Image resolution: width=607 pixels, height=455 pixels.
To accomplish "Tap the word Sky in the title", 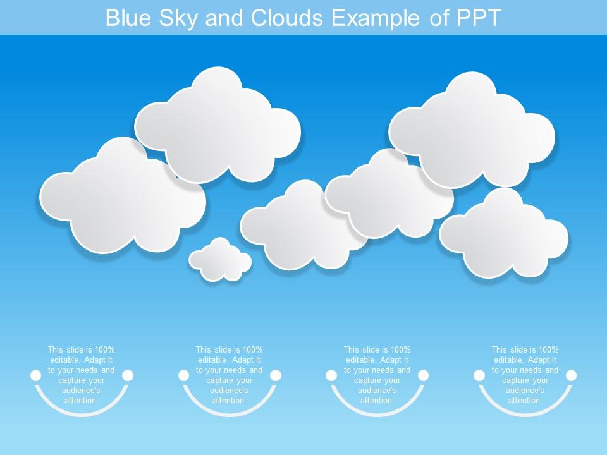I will pyautogui.click(x=178, y=18).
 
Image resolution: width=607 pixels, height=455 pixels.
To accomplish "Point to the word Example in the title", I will pyautogui.click(x=377, y=18).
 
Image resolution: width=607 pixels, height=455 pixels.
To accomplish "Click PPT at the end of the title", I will pyautogui.click(x=478, y=18).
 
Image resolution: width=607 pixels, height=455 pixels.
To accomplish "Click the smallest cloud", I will pyautogui.click(x=220, y=260).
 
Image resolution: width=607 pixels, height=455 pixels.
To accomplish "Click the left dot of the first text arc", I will pyautogui.click(x=36, y=375).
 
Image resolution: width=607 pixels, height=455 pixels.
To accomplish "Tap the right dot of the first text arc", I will pyautogui.click(x=128, y=375).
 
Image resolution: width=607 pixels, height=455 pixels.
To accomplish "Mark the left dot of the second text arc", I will pyautogui.click(x=184, y=375).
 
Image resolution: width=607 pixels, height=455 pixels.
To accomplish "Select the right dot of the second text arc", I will pyautogui.click(x=276, y=375).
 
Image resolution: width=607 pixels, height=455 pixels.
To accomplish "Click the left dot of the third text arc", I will pyautogui.click(x=331, y=375).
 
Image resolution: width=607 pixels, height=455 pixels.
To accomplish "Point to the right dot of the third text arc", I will pyautogui.click(x=424, y=375).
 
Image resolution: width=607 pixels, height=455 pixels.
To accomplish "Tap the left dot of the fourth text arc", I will pyautogui.click(x=479, y=375).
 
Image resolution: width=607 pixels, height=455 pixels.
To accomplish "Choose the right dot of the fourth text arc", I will pyautogui.click(x=572, y=375).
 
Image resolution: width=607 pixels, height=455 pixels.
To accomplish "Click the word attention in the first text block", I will pyautogui.click(x=81, y=401).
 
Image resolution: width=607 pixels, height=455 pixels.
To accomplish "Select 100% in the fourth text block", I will pyautogui.click(x=548, y=349).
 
